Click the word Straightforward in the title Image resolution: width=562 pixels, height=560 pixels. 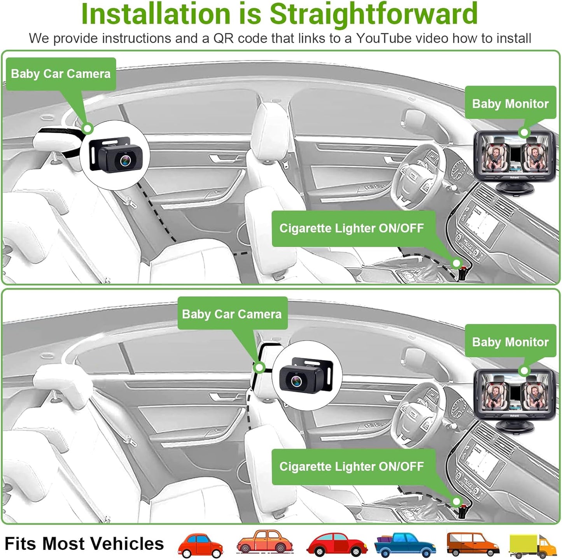(373, 14)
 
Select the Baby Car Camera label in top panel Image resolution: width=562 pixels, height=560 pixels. (61, 74)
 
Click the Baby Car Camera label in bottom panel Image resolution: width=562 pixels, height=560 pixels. (232, 314)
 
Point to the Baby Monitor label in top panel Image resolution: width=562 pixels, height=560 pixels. (510, 104)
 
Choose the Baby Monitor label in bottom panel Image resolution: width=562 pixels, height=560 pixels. (510, 342)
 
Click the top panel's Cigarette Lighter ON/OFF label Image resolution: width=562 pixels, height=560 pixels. (352, 228)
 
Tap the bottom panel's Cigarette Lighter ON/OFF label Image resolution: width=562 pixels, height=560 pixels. (352, 466)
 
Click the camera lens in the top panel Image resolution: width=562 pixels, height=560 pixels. (126, 160)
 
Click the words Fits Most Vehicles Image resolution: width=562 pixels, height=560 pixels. (84, 544)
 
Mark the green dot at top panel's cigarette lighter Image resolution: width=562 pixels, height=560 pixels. (456, 263)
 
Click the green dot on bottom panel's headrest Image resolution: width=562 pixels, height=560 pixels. (259, 367)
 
